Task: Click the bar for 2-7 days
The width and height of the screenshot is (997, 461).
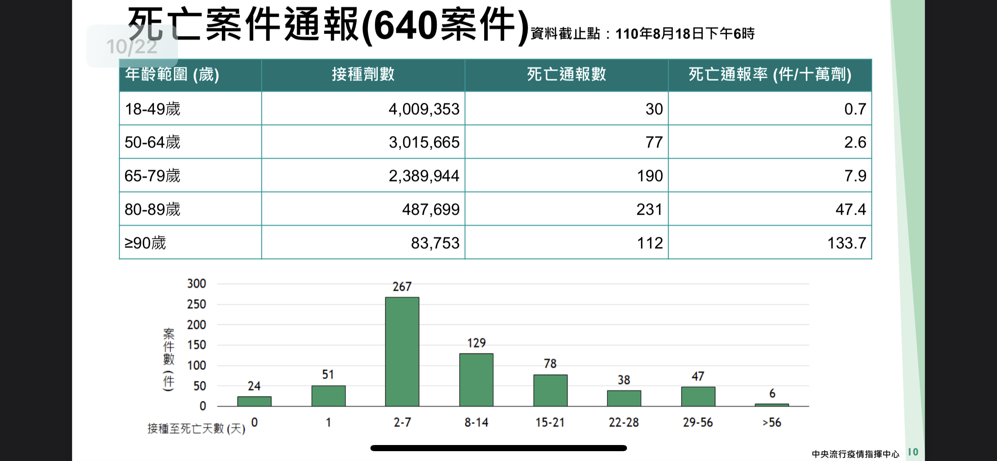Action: (x=402, y=352)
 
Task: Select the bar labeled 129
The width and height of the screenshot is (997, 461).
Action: (x=476, y=380)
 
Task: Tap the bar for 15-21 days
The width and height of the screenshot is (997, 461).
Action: (x=550, y=390)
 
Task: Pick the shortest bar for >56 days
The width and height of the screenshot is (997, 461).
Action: (x=771, y=405)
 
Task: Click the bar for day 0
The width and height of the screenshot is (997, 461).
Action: (x=254, y=401)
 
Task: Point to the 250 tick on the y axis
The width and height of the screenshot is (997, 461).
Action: (x=196, y=304)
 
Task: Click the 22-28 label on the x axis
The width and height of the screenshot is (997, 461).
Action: (x=623, y=422)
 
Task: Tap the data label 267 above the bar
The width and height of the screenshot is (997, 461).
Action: (x=402, y=286)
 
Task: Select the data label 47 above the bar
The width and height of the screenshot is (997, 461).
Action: (x=698, y=376)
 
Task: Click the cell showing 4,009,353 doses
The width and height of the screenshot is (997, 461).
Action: (x=424, y=109)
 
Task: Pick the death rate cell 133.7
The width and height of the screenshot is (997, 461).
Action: (x=846, y=243)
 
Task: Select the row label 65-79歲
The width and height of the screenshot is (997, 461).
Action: (x=152, y=176)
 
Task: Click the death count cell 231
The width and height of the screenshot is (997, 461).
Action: (x=649, y=209)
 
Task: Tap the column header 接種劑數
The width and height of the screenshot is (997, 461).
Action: (x=363, y=75)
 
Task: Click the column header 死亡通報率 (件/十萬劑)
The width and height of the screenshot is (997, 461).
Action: (x=769, y=75)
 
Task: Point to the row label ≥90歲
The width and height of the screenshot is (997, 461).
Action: (x=145, y=243)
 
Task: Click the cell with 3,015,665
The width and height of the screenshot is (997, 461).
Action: (x=424, y=142)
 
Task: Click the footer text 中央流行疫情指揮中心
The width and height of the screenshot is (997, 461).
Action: (x=855, y=454)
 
